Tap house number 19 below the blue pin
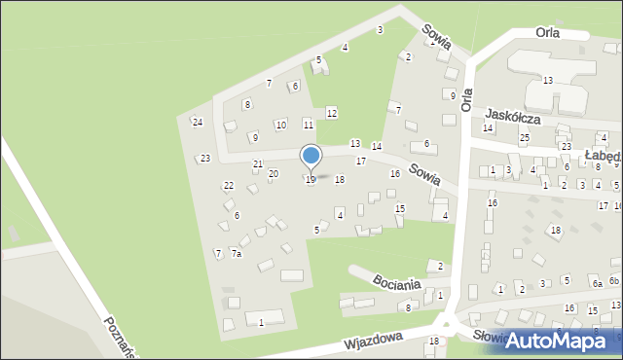tap(311, 180)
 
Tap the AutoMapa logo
tap(562, 340)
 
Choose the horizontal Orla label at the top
tap(553, 32)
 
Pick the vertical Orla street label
tap(467, 98)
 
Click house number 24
tap(197, 122)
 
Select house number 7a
tap(236, 254)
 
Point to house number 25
tap(524, 138)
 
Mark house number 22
tap(228, 185)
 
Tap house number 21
tap(257, 163)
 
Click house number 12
tap(331, 114)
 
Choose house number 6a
tap(597, 284)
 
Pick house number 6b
tap(614, 281)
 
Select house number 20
tap(273, 173)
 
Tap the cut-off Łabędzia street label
tap(603, 156)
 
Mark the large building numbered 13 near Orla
tap(548, 80)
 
